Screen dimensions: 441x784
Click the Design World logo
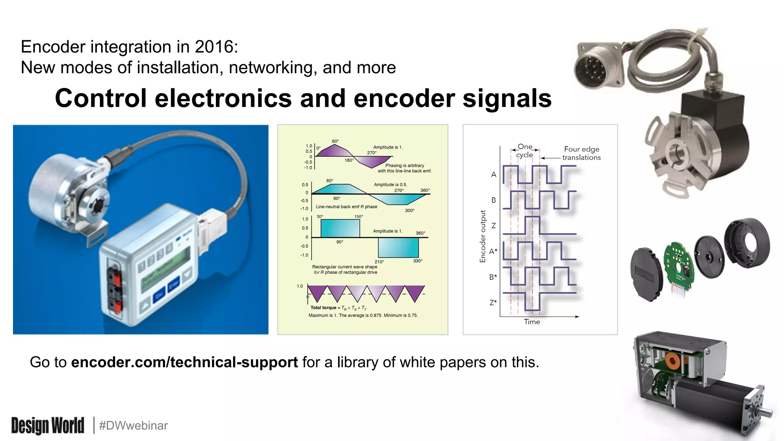coord(48,426)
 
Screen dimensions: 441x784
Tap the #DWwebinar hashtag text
coord(133,426)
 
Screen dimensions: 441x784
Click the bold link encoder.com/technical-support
coord(184,362)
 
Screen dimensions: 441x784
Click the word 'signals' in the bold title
coord(507,98)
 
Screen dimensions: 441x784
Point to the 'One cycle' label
coord(524,151)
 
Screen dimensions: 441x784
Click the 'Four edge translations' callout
coord(581,153)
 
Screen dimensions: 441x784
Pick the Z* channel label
coord(493,302)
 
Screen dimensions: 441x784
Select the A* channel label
coord(493,252)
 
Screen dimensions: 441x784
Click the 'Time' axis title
coord(532,322)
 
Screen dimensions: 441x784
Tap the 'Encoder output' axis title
coord(483,236)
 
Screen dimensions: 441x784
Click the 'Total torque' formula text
coord(338,308)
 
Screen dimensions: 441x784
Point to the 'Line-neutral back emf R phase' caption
coord(346,207)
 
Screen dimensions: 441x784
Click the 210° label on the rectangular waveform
coord(379,262)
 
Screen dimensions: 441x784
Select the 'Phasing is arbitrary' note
coord(404,168)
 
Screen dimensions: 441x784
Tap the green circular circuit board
coord(678,264)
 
